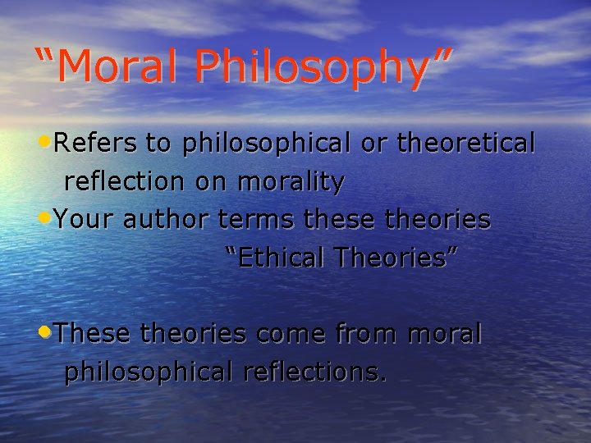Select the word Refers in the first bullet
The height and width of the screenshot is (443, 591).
coord(96,144)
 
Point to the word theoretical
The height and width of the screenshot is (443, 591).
coord(466,144)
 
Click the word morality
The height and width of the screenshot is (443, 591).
coord(291,182)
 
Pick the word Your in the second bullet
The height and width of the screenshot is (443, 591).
coord(85,220)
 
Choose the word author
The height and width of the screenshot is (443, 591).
coord(169,220)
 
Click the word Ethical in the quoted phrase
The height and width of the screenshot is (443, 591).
coord(279,258)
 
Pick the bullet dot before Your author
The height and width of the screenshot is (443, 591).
coord(45,218)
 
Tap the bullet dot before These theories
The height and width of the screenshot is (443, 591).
coord(45,332)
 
